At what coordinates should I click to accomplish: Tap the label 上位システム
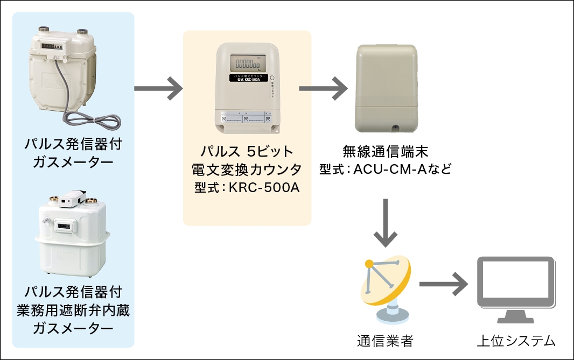point(515,340)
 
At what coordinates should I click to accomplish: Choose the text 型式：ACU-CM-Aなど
point(385,170)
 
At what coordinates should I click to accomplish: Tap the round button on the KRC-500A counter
point(272,79)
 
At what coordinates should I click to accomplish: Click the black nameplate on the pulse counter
point(247,79)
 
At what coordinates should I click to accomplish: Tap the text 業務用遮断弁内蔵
point(73,310)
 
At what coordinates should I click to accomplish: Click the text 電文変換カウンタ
point(247,169)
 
